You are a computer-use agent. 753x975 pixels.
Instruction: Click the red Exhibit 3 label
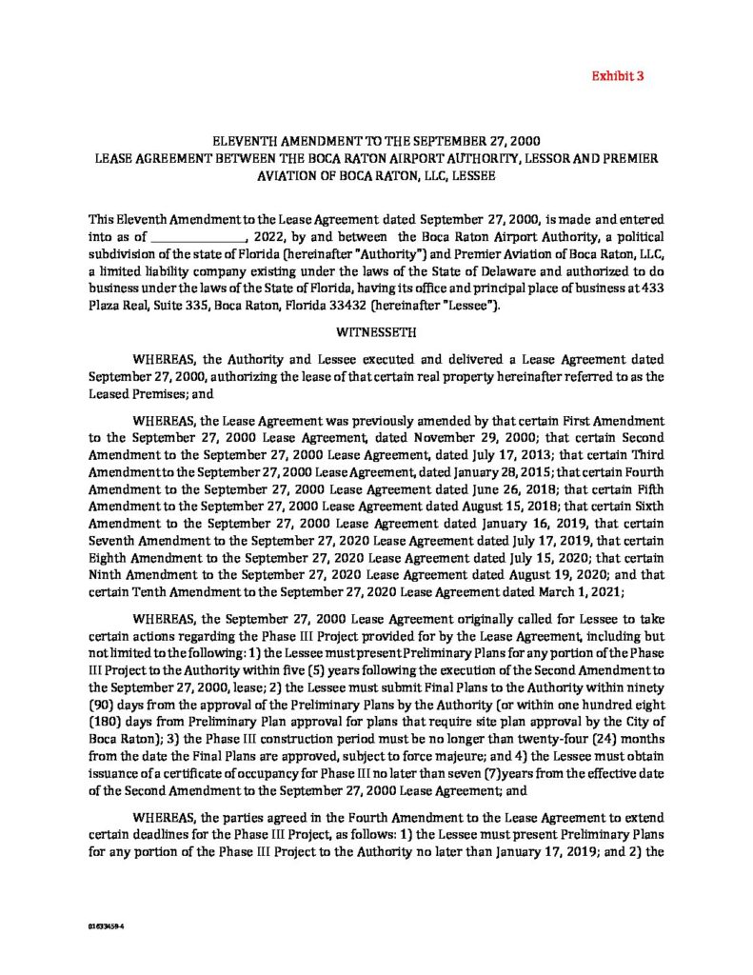pyautogui.click(x=619, y=74)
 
